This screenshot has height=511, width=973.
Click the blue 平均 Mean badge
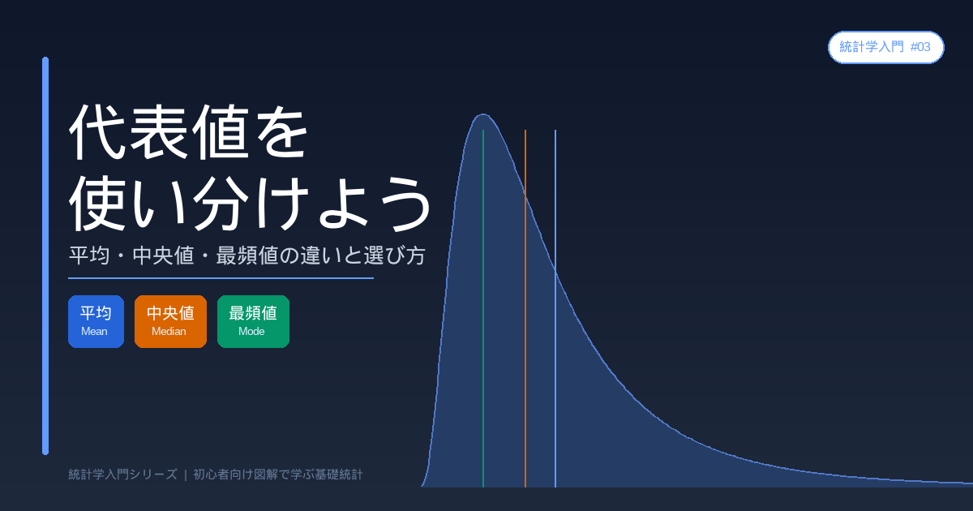(x=96, y=321)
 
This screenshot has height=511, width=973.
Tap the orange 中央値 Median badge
(x=171, y=321)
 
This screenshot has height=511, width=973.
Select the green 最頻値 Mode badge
(x=253, y=321)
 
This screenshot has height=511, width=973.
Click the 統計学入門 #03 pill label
(x=886, y=47)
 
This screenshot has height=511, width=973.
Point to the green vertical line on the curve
(x=483, y=308)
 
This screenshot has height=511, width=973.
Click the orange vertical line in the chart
(x=525, y=308)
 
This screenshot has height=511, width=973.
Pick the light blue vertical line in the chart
(x=555, y=308)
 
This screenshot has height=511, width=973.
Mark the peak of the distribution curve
(x=483, y=114)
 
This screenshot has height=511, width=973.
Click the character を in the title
(x=282, y=131)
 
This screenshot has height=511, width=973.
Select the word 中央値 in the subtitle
(x=163, y=255)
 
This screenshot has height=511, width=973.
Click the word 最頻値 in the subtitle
(x=246, y=255)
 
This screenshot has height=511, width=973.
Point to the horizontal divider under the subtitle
(x=221, y=278)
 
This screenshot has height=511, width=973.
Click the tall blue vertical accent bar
(x=45, y=256)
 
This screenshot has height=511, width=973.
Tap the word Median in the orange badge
(x=169, y=332)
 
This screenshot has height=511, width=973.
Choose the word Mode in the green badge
(x=251, y=332)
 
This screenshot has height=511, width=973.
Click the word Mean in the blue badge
(x=94, y=332)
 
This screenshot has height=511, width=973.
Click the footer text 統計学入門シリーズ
(x=123, y=474)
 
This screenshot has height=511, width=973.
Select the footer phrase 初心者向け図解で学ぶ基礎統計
(x=278, y=474)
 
